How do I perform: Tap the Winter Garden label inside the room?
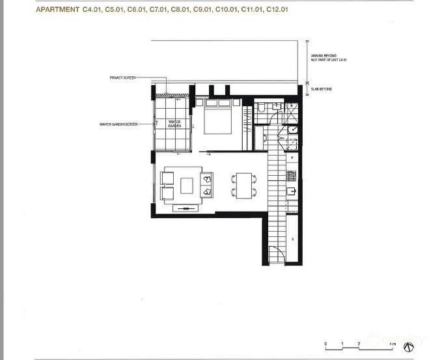tap(174, 124)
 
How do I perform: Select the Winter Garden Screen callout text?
tap(118, 124)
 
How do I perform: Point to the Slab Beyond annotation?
tap(321, 89)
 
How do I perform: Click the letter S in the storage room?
tap(293, 240)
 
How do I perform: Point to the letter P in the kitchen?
tap(293, 158)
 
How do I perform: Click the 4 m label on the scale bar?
tap(392, 343)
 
